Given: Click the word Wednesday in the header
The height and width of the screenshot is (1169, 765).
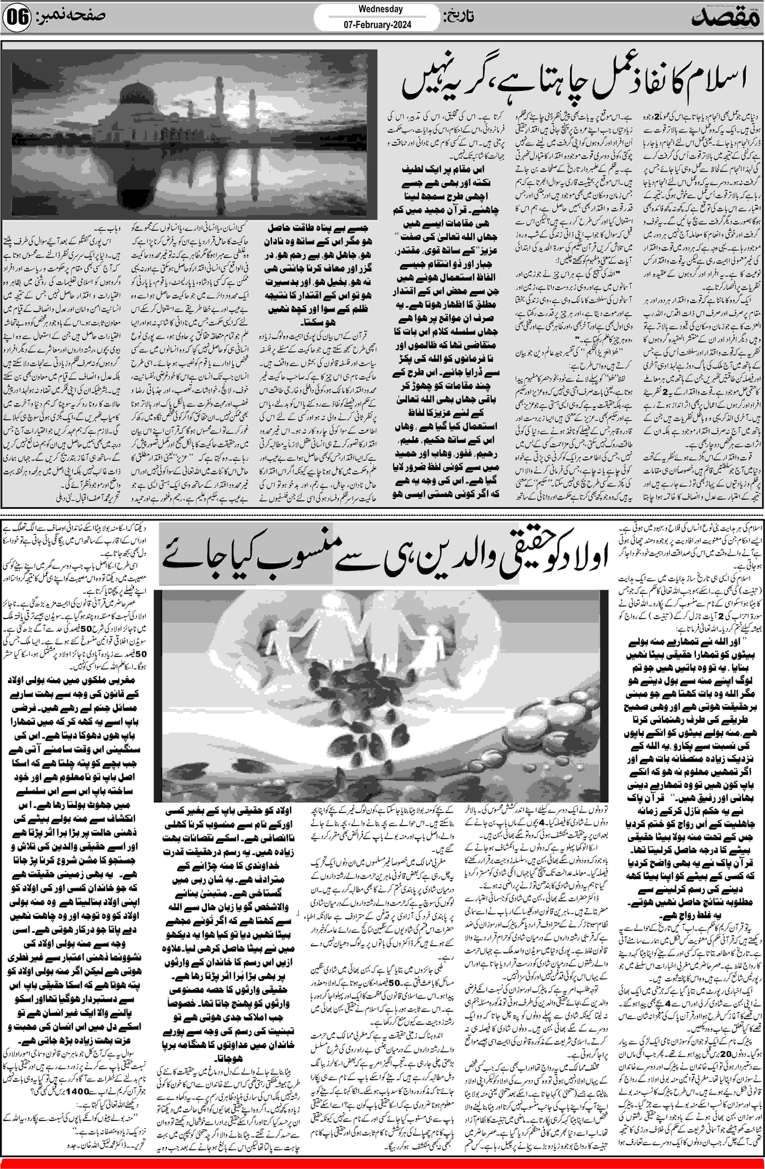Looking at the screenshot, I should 381,9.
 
